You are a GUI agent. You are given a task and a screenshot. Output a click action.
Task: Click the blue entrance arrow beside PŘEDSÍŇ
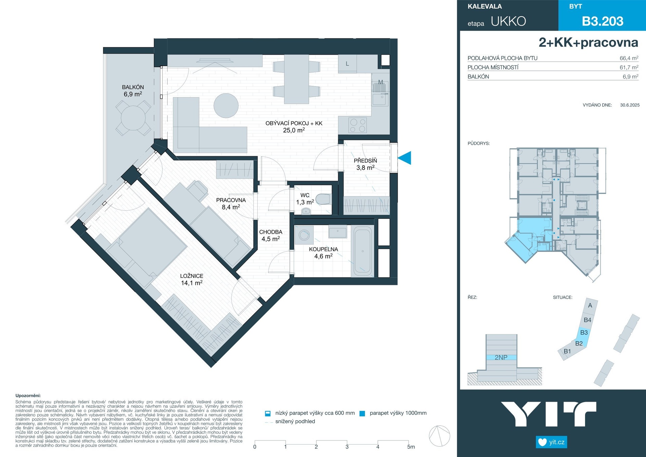click(x=405, y=158)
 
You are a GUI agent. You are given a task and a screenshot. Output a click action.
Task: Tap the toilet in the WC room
click(x=323, y=199)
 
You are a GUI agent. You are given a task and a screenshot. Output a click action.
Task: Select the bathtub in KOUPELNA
click(x=362, y=251)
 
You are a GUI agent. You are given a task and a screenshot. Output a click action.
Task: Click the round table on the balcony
click(x=133, y=118)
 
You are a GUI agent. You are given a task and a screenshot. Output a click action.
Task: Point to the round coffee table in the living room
click(x=226, y=105)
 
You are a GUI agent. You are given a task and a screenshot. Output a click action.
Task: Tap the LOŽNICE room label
click(x=191, y=276)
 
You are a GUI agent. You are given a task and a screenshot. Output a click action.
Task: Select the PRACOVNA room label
click(x=231, y=200)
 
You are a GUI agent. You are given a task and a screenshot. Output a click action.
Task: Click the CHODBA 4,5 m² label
click(x=271, y=235)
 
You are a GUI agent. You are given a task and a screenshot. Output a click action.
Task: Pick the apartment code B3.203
click(x=603, y=21)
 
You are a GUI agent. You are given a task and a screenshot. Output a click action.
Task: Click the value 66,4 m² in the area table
click(x=629, y=58)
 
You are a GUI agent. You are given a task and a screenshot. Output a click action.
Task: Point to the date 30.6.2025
click(x=630, y=105)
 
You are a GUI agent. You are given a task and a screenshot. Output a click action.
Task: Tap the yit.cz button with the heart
click(x=551, y=442)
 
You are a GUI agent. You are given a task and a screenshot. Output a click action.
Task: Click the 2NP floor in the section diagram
click(x=501, y=357)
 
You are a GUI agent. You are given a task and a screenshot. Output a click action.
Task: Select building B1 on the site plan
click(x=567, y=351)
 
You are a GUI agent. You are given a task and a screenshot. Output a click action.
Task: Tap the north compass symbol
click(x=439, y=436)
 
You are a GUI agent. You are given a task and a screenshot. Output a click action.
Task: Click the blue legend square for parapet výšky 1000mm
click(x=362, y=414)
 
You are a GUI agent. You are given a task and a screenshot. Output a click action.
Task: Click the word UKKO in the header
click(x=508, y=21)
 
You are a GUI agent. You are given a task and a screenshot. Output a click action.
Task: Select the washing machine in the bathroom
click(x=304, y=235)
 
